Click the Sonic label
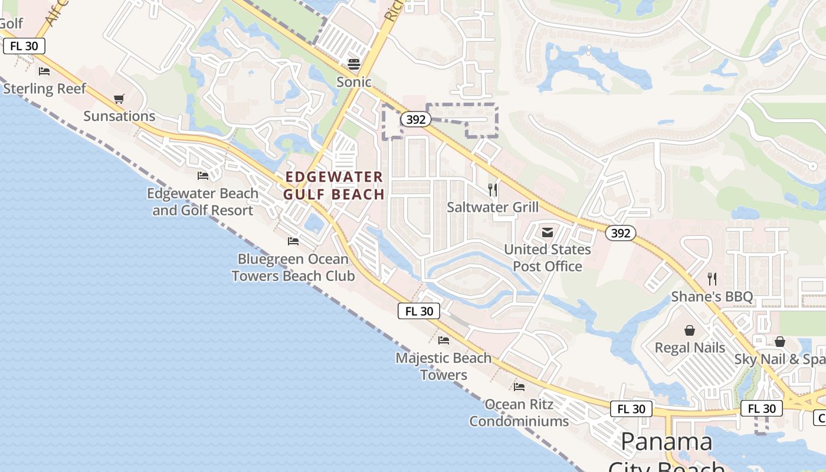click(354, 82)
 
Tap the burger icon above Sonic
click(354, 64)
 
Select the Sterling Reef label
click(45, 89)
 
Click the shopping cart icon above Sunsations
click(119, 99)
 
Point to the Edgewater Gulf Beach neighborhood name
click(334, 185)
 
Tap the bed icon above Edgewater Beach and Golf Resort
click(203, 176)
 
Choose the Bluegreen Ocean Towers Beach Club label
click(293, 267)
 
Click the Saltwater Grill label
click(493, 207)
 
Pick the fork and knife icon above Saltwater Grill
click(493, 190)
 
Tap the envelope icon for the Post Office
click(548, 232)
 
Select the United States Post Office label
click(548, 258)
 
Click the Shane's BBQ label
click(712, 296)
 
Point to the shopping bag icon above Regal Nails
click(689, 330)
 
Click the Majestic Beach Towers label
click(444, 366)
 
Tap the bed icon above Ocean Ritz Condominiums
click(519, 387)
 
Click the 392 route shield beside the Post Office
click(621, 233)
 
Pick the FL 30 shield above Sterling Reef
click(24, 46)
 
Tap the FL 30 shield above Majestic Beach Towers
click(419, 311)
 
